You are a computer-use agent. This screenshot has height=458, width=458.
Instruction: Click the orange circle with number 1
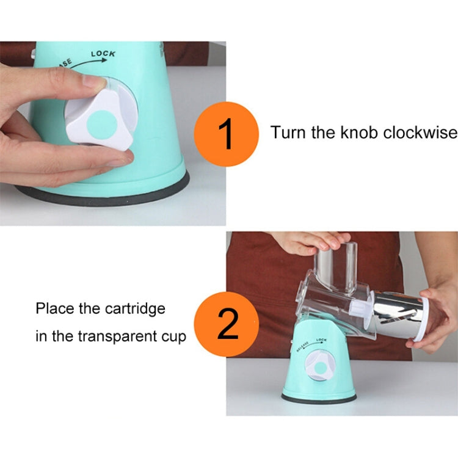coord(227,134)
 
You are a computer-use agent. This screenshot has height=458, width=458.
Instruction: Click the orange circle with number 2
coord(227,324)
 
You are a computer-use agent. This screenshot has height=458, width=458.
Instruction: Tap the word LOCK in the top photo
coord(103,54)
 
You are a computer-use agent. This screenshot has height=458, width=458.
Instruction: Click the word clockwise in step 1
coord(420,133)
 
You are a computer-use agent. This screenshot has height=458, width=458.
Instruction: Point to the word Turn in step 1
coord(288,133)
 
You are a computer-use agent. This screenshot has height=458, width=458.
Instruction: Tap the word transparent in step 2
coord(117,336)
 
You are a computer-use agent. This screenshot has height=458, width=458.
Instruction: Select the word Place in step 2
coord(54,308)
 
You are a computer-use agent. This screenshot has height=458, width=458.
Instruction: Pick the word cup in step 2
coord(174,338)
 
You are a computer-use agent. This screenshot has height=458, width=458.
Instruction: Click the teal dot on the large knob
coord(102,125)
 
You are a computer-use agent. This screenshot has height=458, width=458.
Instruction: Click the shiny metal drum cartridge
coord(397,314)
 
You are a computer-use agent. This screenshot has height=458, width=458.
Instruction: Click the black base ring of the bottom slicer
coord(319,399)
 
